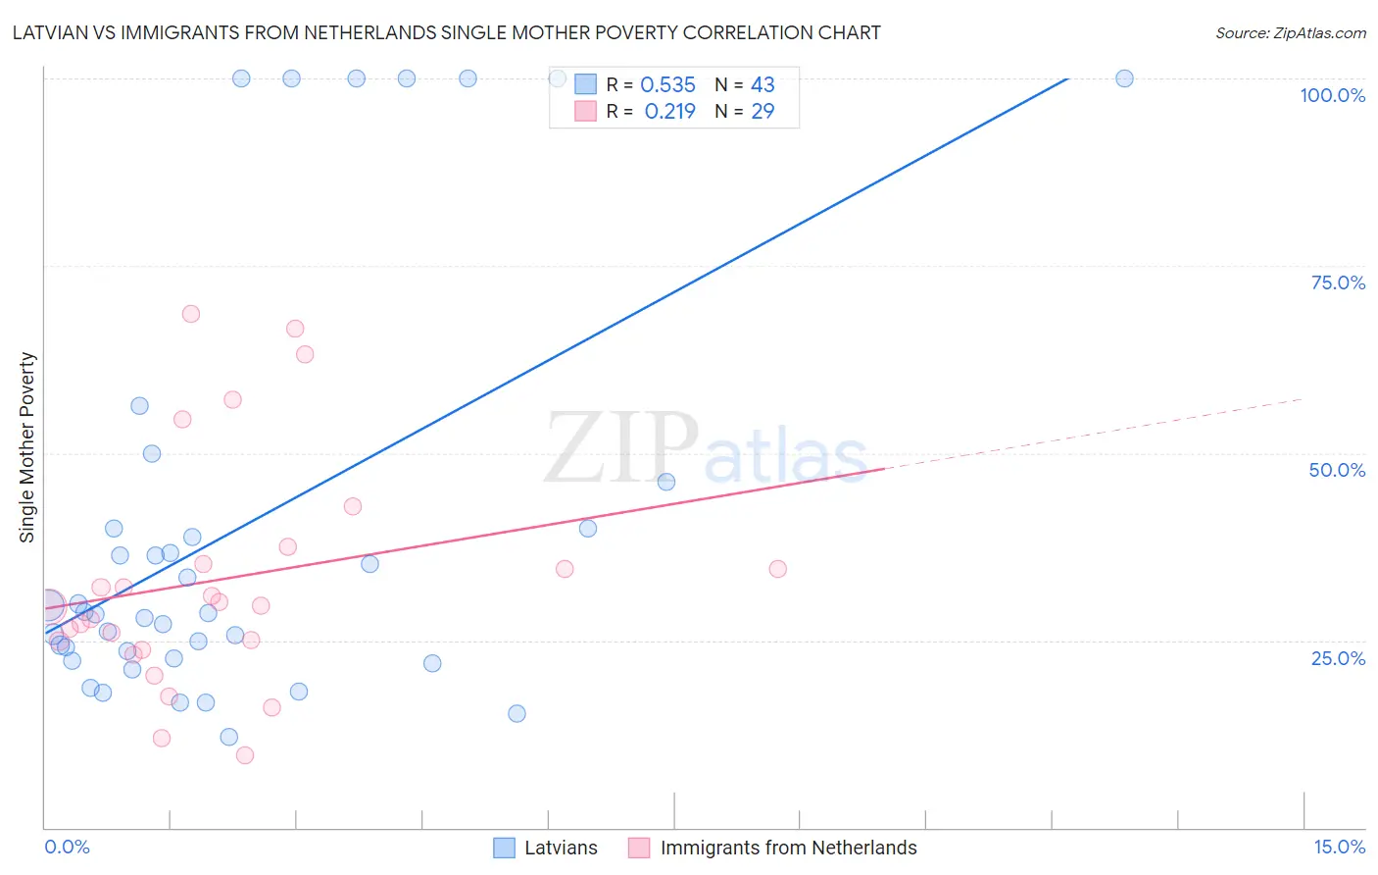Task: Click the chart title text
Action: tap(446, 32)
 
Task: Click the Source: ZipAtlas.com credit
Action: tap(1290, 32)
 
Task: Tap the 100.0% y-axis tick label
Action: tap(1332, 95)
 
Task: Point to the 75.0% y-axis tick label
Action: tap(1338, 283)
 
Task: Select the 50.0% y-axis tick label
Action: tap(1337, 470)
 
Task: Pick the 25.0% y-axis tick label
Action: tap(1338, 658)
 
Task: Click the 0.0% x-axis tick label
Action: tap(67, 847)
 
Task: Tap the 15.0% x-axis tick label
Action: tap(1339, 847)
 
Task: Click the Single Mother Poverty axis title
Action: tap(27, 447)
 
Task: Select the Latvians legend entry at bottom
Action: tap(545, 848)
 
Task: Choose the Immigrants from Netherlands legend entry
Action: tap(772, 848)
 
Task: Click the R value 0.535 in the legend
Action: tap(667, 85)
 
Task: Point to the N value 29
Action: tap(763, 112)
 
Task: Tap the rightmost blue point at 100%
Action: tap(1124, 78)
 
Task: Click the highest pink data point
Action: tap(191, 314)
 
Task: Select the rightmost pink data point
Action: tap(778, 569)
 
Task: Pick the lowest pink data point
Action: tap(245, 755)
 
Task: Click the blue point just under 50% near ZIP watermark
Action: tap(666, 482)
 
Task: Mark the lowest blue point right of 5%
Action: tap(517, 713)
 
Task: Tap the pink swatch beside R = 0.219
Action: tap(585, 112)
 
